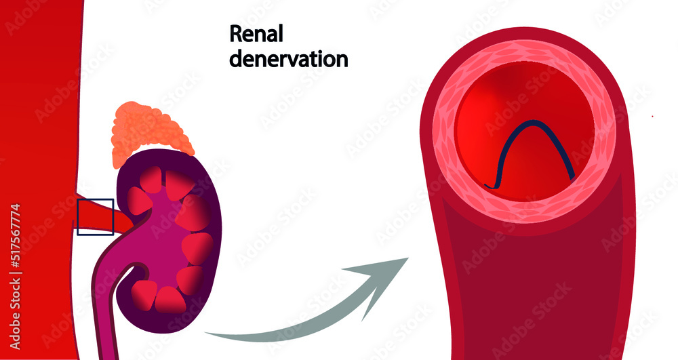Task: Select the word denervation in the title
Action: (288, 59)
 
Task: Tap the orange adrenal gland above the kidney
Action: (153, 129)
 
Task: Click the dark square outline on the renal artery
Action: (95, 217)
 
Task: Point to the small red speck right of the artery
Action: (652, 116)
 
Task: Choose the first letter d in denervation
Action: (235, 59)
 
